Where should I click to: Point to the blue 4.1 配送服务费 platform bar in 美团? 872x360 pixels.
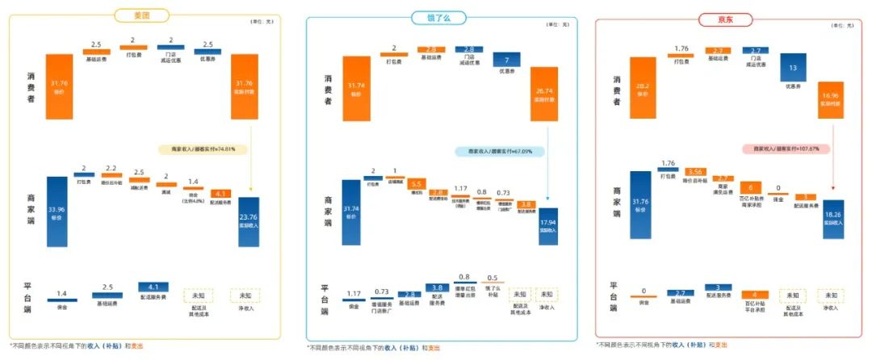tap(153, 286)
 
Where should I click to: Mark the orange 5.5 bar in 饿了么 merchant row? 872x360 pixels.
tap(417, 184)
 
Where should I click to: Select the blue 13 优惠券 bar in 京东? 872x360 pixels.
tap(795, 69)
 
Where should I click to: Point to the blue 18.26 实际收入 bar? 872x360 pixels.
tap(833, 218)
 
